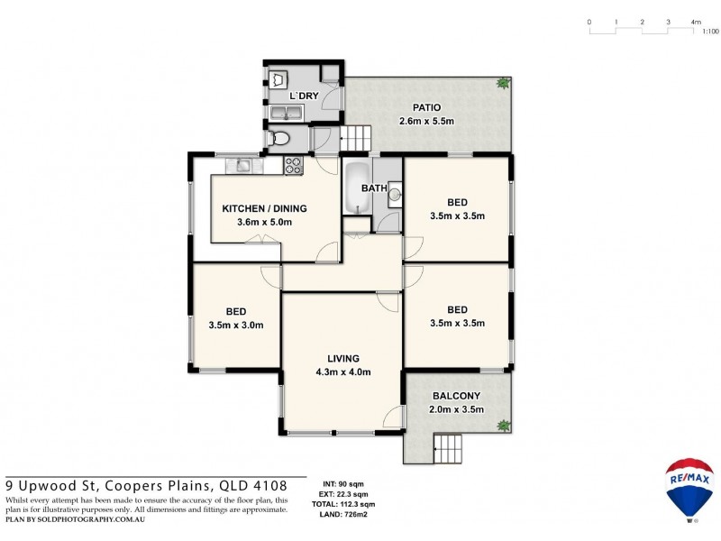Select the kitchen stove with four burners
point(293,165)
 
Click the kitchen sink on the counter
point(242,164)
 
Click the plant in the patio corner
point(501,84)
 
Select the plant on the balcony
point(503,425)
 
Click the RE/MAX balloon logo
point(689,488)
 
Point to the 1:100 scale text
point(710,32)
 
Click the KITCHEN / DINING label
point(264,208)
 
